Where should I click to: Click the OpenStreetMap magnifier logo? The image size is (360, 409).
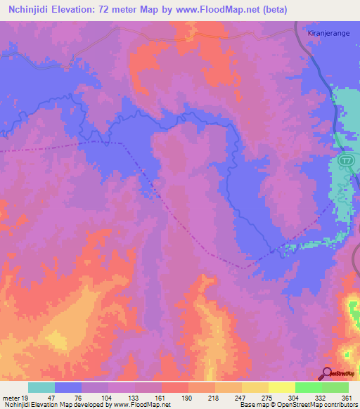point(328,373)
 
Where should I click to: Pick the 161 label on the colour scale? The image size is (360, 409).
point(161,398)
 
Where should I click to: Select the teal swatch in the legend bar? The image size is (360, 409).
point(41,387)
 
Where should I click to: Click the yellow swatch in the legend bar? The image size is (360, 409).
point(281,387)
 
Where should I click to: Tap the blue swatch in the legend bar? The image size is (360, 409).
point(68,387)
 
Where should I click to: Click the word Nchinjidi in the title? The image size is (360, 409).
point(28,9)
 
